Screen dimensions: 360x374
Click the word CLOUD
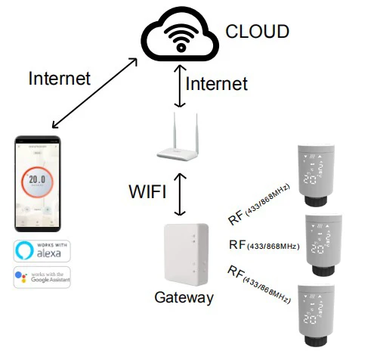[258, 31]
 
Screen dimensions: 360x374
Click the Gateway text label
[184, 298]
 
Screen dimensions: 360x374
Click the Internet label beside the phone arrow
[59, 78]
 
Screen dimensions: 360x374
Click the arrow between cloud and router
[178, 83]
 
